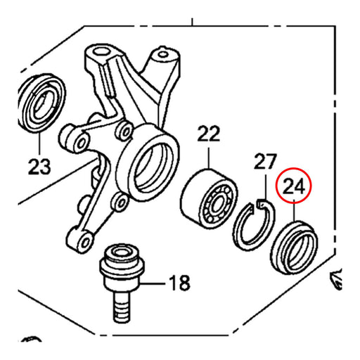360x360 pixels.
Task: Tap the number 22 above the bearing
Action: (208, 133)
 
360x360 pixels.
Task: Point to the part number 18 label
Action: (179, 284)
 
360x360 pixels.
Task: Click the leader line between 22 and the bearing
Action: (208, 155)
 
